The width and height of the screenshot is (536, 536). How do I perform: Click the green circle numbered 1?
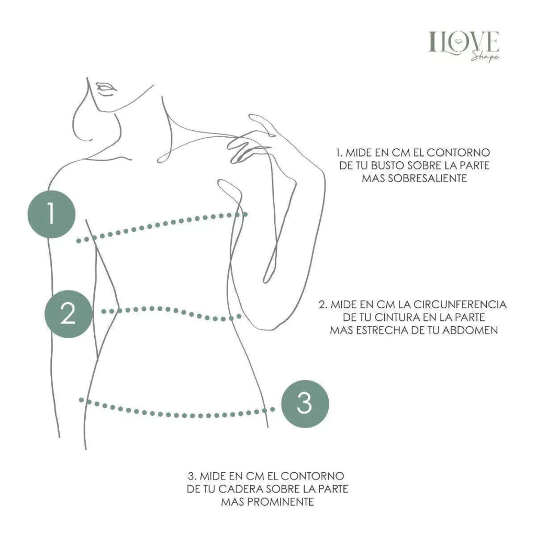[x=51, y=214]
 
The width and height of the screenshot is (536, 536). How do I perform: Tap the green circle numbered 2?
[x=69, y=314]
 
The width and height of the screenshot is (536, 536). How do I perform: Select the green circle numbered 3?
[x=305, y=404]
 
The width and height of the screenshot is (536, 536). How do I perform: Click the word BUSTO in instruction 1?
[x=387, y=165]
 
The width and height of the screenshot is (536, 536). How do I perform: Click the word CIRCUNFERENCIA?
[x=460, y=304]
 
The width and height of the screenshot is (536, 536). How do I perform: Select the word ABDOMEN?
[x=470, y=330]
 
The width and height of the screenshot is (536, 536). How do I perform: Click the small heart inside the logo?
[x=460, y=41]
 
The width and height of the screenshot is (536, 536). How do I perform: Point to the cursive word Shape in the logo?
[x=485, y=55]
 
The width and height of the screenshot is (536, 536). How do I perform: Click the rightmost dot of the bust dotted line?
[x=245, y=214]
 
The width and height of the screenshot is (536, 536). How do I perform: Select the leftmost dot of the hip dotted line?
[x=81, y=399]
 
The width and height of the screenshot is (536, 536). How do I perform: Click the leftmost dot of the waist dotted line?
[x=104, y=311]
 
